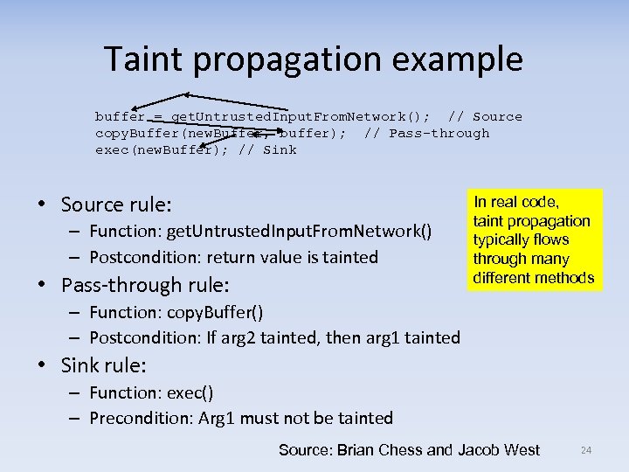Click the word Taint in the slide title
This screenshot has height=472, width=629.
click(x=149, y=59)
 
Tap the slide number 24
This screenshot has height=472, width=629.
click(x=586, y=450)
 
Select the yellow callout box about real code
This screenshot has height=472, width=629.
click(x=533, y=239)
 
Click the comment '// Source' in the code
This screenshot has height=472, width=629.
click(x=485, y=117)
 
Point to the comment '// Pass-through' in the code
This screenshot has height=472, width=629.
click(x=427, y=134)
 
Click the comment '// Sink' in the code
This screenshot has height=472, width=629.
click(x=267, y=150)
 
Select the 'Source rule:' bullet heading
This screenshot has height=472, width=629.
click(x=116, y=205)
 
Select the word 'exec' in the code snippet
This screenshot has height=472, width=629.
click(x=111, y=150)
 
